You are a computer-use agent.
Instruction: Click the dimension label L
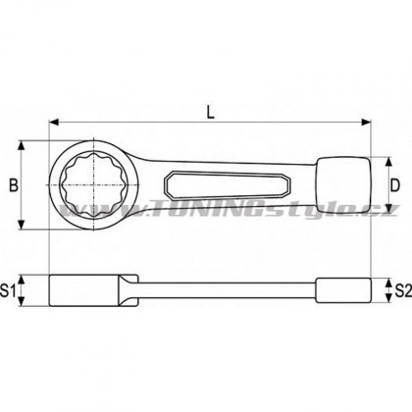pos(211,112)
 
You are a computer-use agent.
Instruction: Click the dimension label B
pos(14,185)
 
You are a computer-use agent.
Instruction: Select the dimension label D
pos(395,185)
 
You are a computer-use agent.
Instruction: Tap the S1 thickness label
pos(8,290)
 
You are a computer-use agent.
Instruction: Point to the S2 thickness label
pos(403,290)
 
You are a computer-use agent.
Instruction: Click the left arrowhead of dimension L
pos(54,122)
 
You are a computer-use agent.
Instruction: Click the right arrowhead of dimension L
pos(366,122)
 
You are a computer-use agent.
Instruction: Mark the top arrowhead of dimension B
pos(22,146)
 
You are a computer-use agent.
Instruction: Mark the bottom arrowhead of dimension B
pos(22,225)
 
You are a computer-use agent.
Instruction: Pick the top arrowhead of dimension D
pos(388,162)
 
